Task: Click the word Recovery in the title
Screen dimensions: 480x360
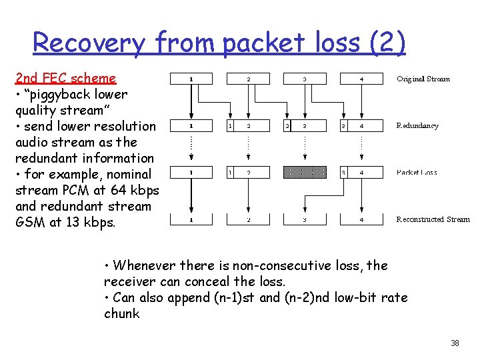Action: [88, 43]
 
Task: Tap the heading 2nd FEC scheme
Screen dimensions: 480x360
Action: [65, 78]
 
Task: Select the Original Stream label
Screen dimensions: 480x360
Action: [423, 79]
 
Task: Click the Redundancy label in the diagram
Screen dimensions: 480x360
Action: [417, 125]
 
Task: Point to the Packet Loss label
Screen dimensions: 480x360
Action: [417, 173]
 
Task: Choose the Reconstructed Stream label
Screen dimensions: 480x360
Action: [433, 219]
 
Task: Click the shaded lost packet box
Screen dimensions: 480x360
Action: [305, 173]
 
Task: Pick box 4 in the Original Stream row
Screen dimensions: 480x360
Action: [362, 79]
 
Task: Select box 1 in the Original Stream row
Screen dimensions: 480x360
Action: [191, 79]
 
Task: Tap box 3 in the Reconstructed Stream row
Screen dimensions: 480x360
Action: [305, 219]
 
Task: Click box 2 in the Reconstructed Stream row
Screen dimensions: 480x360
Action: [248, 219]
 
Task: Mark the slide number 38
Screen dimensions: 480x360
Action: [455, 343]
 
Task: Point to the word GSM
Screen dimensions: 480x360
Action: [29, 222]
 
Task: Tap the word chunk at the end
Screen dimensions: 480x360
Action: [122, 313]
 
